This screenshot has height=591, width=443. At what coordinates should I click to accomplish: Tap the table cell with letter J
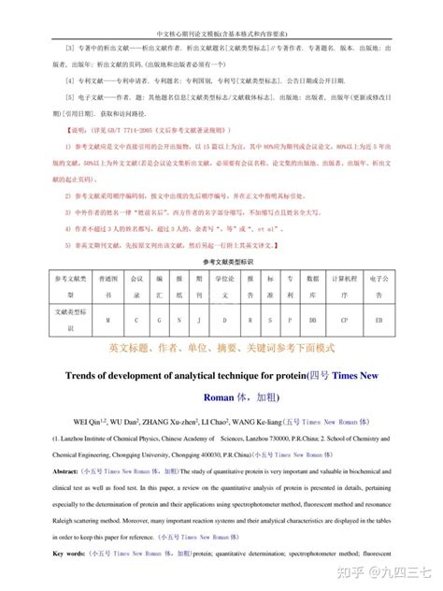tap(198, 319)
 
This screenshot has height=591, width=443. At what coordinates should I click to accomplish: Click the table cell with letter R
tap(245, 319)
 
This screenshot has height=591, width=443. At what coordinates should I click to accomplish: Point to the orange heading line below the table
tap(221, 348)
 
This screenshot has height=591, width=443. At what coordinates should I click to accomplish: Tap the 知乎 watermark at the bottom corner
tap(372, 571)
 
